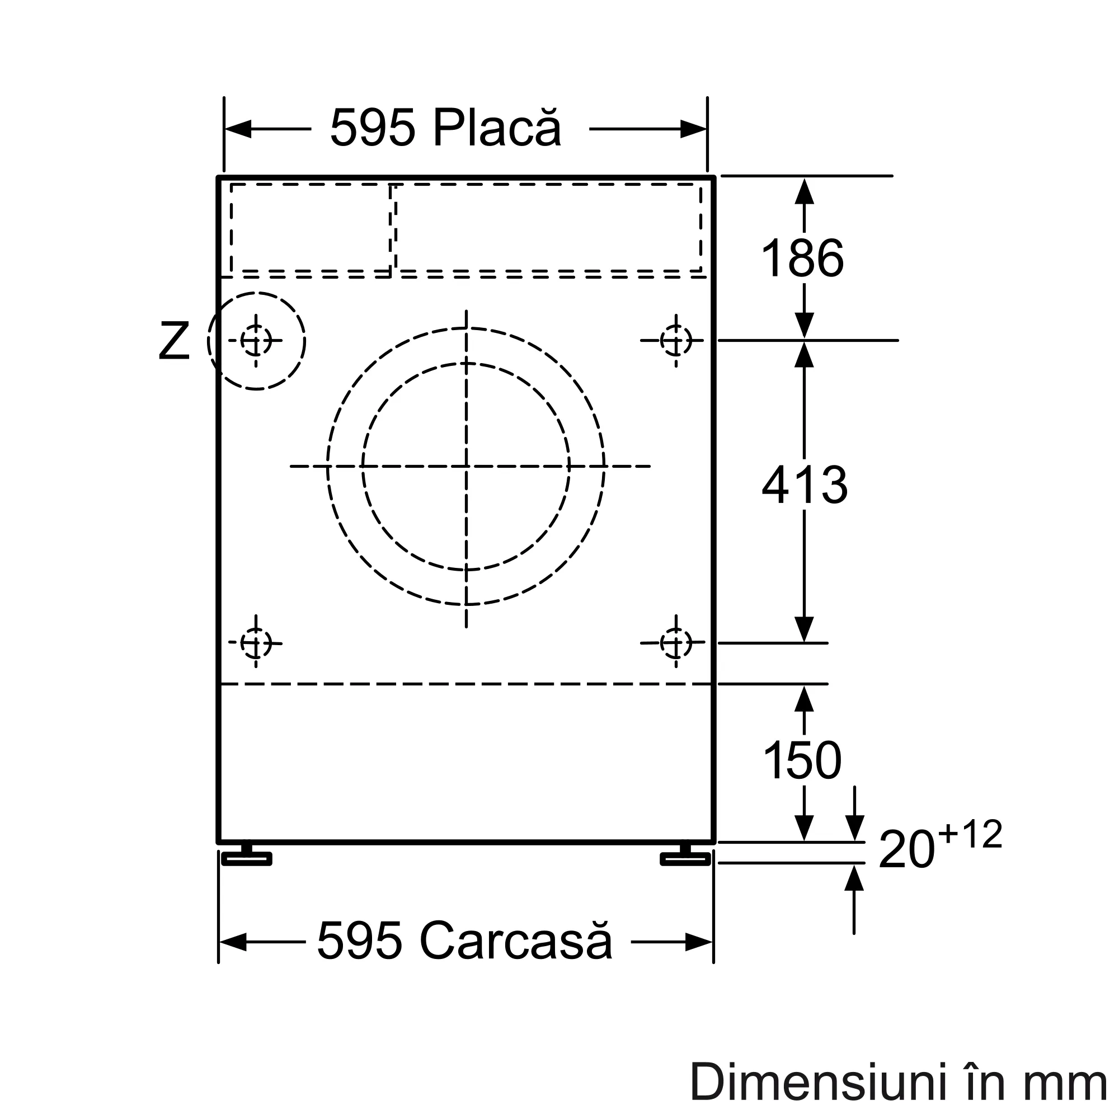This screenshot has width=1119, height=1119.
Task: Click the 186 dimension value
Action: (x=802, y=258)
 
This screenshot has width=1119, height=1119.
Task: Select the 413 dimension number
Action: (x=805, y=485)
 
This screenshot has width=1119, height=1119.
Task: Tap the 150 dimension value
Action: (x=802, y=760)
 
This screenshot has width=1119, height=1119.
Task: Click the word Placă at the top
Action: (x=497, y=127)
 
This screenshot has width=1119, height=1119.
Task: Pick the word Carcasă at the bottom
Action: (x=515, y=941)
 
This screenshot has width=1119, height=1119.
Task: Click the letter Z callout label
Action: (x=174, y=341)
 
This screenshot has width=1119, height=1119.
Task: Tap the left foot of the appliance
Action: (x=247, y=855)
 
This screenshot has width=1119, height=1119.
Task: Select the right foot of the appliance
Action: (x=685, y=855)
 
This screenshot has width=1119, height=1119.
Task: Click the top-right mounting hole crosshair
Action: (x=676, y=341)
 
